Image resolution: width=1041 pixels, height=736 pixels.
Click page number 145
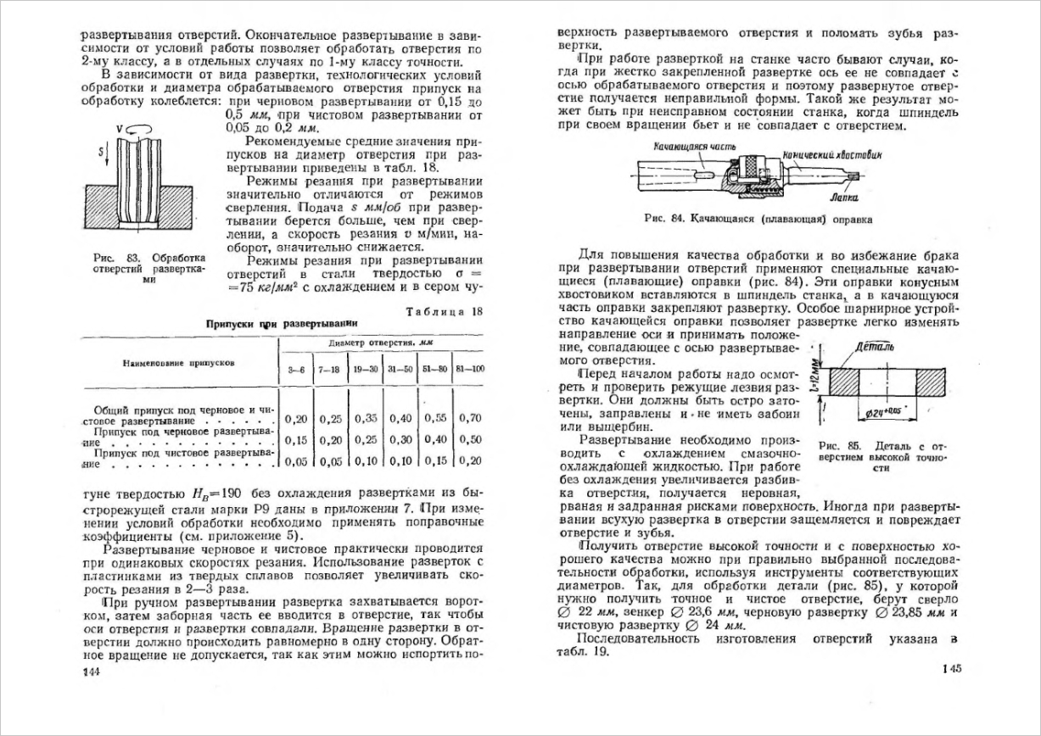[x=950, y=669]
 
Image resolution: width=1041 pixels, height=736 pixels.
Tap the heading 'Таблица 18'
[x=444, y=310]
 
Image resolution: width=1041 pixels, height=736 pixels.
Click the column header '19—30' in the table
[x=366, y=371]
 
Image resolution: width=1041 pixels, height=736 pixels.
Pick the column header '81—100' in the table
[x=469, y=371]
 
